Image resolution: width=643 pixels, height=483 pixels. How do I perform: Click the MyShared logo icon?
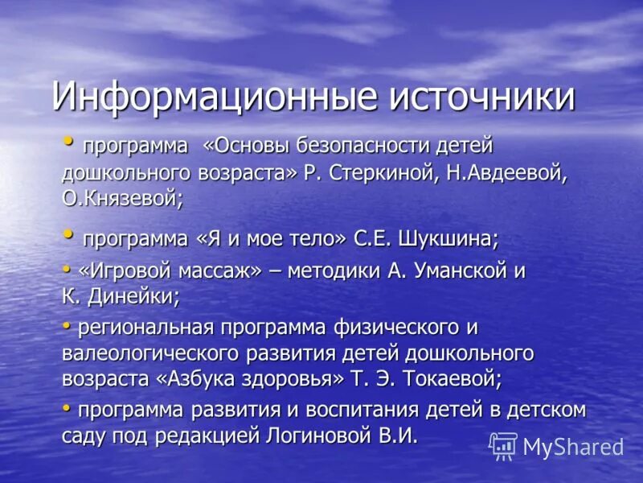[504, 446]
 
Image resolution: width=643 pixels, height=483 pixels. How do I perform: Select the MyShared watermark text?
[573, 447]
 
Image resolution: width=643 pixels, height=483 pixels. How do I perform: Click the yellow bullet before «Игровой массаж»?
[67, 269]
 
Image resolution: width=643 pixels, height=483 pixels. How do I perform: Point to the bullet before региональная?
[67, 325]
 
